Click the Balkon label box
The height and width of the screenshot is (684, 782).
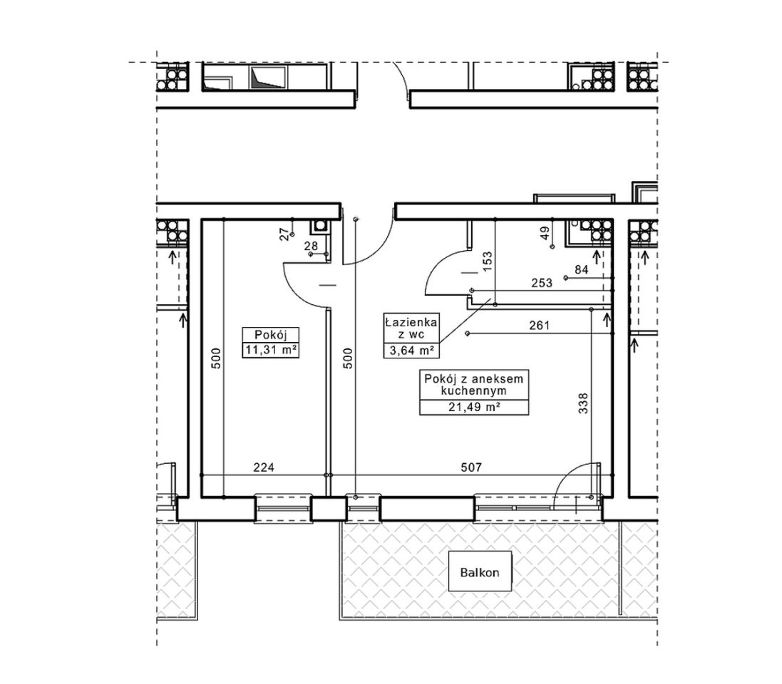tap(480, 571)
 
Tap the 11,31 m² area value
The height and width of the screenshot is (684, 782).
tap(271, 350)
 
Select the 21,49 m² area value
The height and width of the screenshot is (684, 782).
tap(474, 408)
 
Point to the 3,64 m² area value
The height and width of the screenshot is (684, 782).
tap(411, 351)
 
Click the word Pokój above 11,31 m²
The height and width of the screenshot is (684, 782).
tap(270, 335)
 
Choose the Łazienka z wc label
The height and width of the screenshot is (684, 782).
tap(411, 328)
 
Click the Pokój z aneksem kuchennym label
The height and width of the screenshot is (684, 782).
tap(474, 384)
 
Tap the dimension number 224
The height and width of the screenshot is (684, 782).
tap(264, 467)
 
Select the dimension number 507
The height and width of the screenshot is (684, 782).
tap(471, 467)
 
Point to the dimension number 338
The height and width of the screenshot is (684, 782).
tap(583, 403)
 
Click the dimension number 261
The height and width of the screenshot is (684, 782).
tap(539, 326)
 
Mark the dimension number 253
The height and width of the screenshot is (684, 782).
tap(542, 283)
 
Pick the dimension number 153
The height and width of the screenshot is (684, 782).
tap(488, 261)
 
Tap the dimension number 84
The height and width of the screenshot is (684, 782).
tap(582, 270)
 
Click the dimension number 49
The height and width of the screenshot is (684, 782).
tap(545, 233)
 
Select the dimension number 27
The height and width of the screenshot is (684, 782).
tap(284, 234)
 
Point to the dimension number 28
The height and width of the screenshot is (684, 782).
tap(311, 246)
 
